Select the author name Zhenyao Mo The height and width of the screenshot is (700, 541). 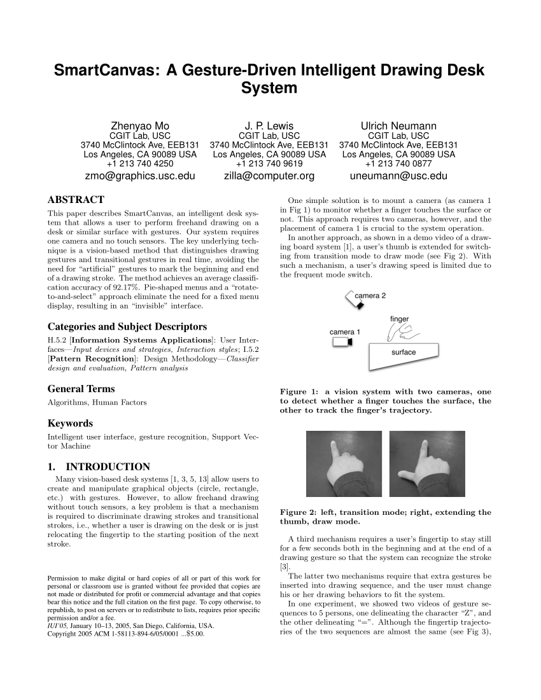coord(140,125)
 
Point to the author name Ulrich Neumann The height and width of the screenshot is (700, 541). coord(398,125)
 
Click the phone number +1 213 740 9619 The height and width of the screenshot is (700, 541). coord(269,164)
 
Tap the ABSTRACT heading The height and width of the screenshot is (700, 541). coord(76,200)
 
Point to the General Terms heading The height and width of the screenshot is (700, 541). coord(81,389)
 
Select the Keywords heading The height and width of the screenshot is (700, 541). coord(70,423)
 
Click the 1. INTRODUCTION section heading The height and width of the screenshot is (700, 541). coord(99,466)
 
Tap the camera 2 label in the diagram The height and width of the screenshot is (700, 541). coord(370,295)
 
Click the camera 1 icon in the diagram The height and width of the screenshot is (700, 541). coord(342,342)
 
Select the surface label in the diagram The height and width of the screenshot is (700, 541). coord(404,352)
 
